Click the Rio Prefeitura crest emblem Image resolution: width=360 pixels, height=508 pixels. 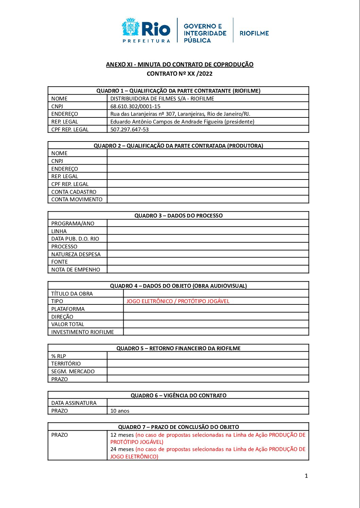click(130, 28)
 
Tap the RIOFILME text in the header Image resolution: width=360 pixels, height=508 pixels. click(254, 33)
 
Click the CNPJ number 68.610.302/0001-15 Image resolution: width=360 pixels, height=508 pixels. click(135, 106)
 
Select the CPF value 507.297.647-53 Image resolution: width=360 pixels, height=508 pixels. click(129, 129)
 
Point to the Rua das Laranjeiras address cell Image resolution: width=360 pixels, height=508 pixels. click(180, 114)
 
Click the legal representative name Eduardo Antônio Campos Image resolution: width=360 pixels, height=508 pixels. click(182, 121)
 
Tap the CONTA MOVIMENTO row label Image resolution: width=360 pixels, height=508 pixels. click(77, 200)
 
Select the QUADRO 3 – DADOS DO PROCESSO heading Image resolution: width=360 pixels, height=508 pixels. click(178, 215)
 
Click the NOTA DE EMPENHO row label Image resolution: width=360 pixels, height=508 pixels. click(76, 270)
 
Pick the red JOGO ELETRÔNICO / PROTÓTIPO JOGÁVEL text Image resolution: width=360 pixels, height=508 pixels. click(178, 301)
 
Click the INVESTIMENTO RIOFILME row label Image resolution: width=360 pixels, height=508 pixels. click(83, 332)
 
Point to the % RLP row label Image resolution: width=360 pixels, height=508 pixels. click(58, 356)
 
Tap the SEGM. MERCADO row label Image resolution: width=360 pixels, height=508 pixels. click(73, 371)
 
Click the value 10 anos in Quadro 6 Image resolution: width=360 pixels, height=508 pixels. click(120, 411)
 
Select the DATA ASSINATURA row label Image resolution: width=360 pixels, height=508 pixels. click(74, 403)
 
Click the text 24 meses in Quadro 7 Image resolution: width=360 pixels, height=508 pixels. click(122, 449)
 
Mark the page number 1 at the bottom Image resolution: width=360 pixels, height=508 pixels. click(306, 476)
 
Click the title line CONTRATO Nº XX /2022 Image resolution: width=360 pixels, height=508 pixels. click(179, 74)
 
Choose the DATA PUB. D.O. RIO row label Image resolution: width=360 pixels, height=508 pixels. click(75, 239)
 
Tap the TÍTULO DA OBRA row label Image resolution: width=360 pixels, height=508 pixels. click(72, 294)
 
